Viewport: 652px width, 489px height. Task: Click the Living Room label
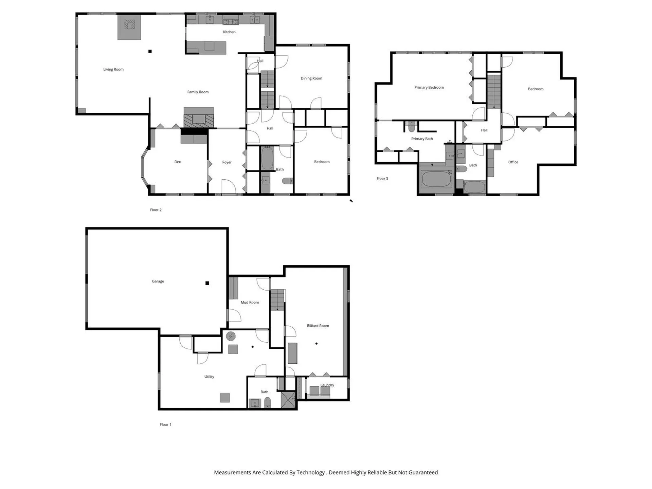(x=113, y=69)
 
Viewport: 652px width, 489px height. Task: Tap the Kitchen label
(x=229, y=32)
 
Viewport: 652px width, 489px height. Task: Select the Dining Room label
(x=311, y=78)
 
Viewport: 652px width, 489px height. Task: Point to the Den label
(x=178, y=162)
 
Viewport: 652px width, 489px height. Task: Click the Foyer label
(x=227, y=162)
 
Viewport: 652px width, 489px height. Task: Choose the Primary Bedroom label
(x=429, y=88)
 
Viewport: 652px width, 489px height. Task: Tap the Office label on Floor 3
(x=513, y=162)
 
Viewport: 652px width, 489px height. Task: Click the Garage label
(x=158, y=281)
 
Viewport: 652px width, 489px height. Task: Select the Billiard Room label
(x=318, y=326)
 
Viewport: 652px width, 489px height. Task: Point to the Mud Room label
(x=250, y=302)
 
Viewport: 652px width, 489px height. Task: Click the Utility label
(x=209, y=377)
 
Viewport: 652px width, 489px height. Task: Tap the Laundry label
(x=327, y=385)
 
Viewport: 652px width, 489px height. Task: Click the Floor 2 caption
(x=156, y=210)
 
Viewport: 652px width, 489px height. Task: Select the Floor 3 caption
(x=382, y=179)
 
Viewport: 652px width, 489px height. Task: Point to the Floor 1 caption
(x=166, y=424)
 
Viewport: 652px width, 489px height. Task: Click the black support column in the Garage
(x=207, y=283)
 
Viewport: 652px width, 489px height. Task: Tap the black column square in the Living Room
(x=150, y=51)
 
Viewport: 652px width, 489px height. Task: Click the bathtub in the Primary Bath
(x=437, y=179)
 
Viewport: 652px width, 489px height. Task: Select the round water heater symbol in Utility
(x=231, y=336)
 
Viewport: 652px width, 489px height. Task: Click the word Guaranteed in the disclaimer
(x=423, y=472)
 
